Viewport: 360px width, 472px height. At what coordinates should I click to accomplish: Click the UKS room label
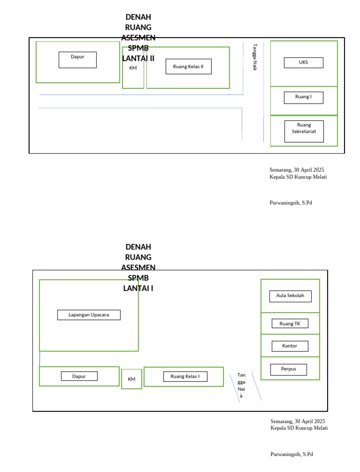click(303, 62)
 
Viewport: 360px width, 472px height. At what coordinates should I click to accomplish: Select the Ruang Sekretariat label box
click(304, 131)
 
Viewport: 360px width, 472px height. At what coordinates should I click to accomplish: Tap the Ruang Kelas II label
click(188, 67)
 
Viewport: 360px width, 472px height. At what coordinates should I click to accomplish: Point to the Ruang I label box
click(303, 98)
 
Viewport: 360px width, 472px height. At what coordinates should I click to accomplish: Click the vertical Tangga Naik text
click(255, 57)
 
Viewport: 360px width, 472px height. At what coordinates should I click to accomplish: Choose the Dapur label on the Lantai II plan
click(78, 60)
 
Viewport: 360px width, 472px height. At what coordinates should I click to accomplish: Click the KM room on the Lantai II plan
click(133, 68)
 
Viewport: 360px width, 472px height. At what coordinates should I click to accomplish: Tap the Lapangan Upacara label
click(89, 315)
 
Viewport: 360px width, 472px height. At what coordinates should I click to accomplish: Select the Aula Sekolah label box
click(290, 296)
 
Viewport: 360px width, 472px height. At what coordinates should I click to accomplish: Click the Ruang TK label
click(290, 324)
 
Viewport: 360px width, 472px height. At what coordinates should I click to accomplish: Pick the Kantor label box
click(290, 346)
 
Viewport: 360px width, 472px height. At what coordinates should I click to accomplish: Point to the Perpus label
click(288, 370)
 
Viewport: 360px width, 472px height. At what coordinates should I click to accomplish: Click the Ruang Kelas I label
click(185, 377)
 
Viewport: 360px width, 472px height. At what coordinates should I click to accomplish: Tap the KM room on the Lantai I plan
click(131, 379)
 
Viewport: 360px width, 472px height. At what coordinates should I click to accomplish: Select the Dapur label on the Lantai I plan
click(79, 376)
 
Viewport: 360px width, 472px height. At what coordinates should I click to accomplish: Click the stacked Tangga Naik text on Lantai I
click(241, 386)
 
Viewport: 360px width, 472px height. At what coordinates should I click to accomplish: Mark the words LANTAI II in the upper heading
click(138, 58)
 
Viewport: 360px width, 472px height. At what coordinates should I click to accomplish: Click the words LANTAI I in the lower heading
click(138, 289)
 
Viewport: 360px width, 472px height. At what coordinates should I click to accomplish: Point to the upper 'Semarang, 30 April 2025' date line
click(297, 170)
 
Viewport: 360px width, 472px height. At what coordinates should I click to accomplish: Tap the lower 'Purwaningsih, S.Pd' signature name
click(292, 454)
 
